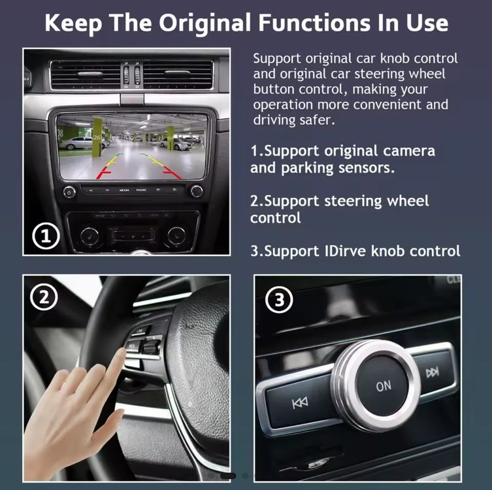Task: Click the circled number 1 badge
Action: pyautogui.click(x=46, y=236)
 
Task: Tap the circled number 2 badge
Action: pyautogui.click(x=44, y=297)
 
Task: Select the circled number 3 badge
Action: pyautogui.click(x=279, y=299)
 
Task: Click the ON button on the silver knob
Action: pyautogui.click(x=384, y=386)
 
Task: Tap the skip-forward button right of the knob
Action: pyautogui.click(x=433, y=372)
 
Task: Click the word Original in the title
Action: pyautogui.click(x=205, y=23)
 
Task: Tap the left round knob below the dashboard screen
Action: pyautogui.click(x=69, y=191)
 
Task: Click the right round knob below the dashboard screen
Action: pyautogui.click(x=196, y=191)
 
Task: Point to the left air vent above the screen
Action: pyautogui.click(x=86, y=74)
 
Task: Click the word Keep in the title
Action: pyautogui.click(x=73, y=24)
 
